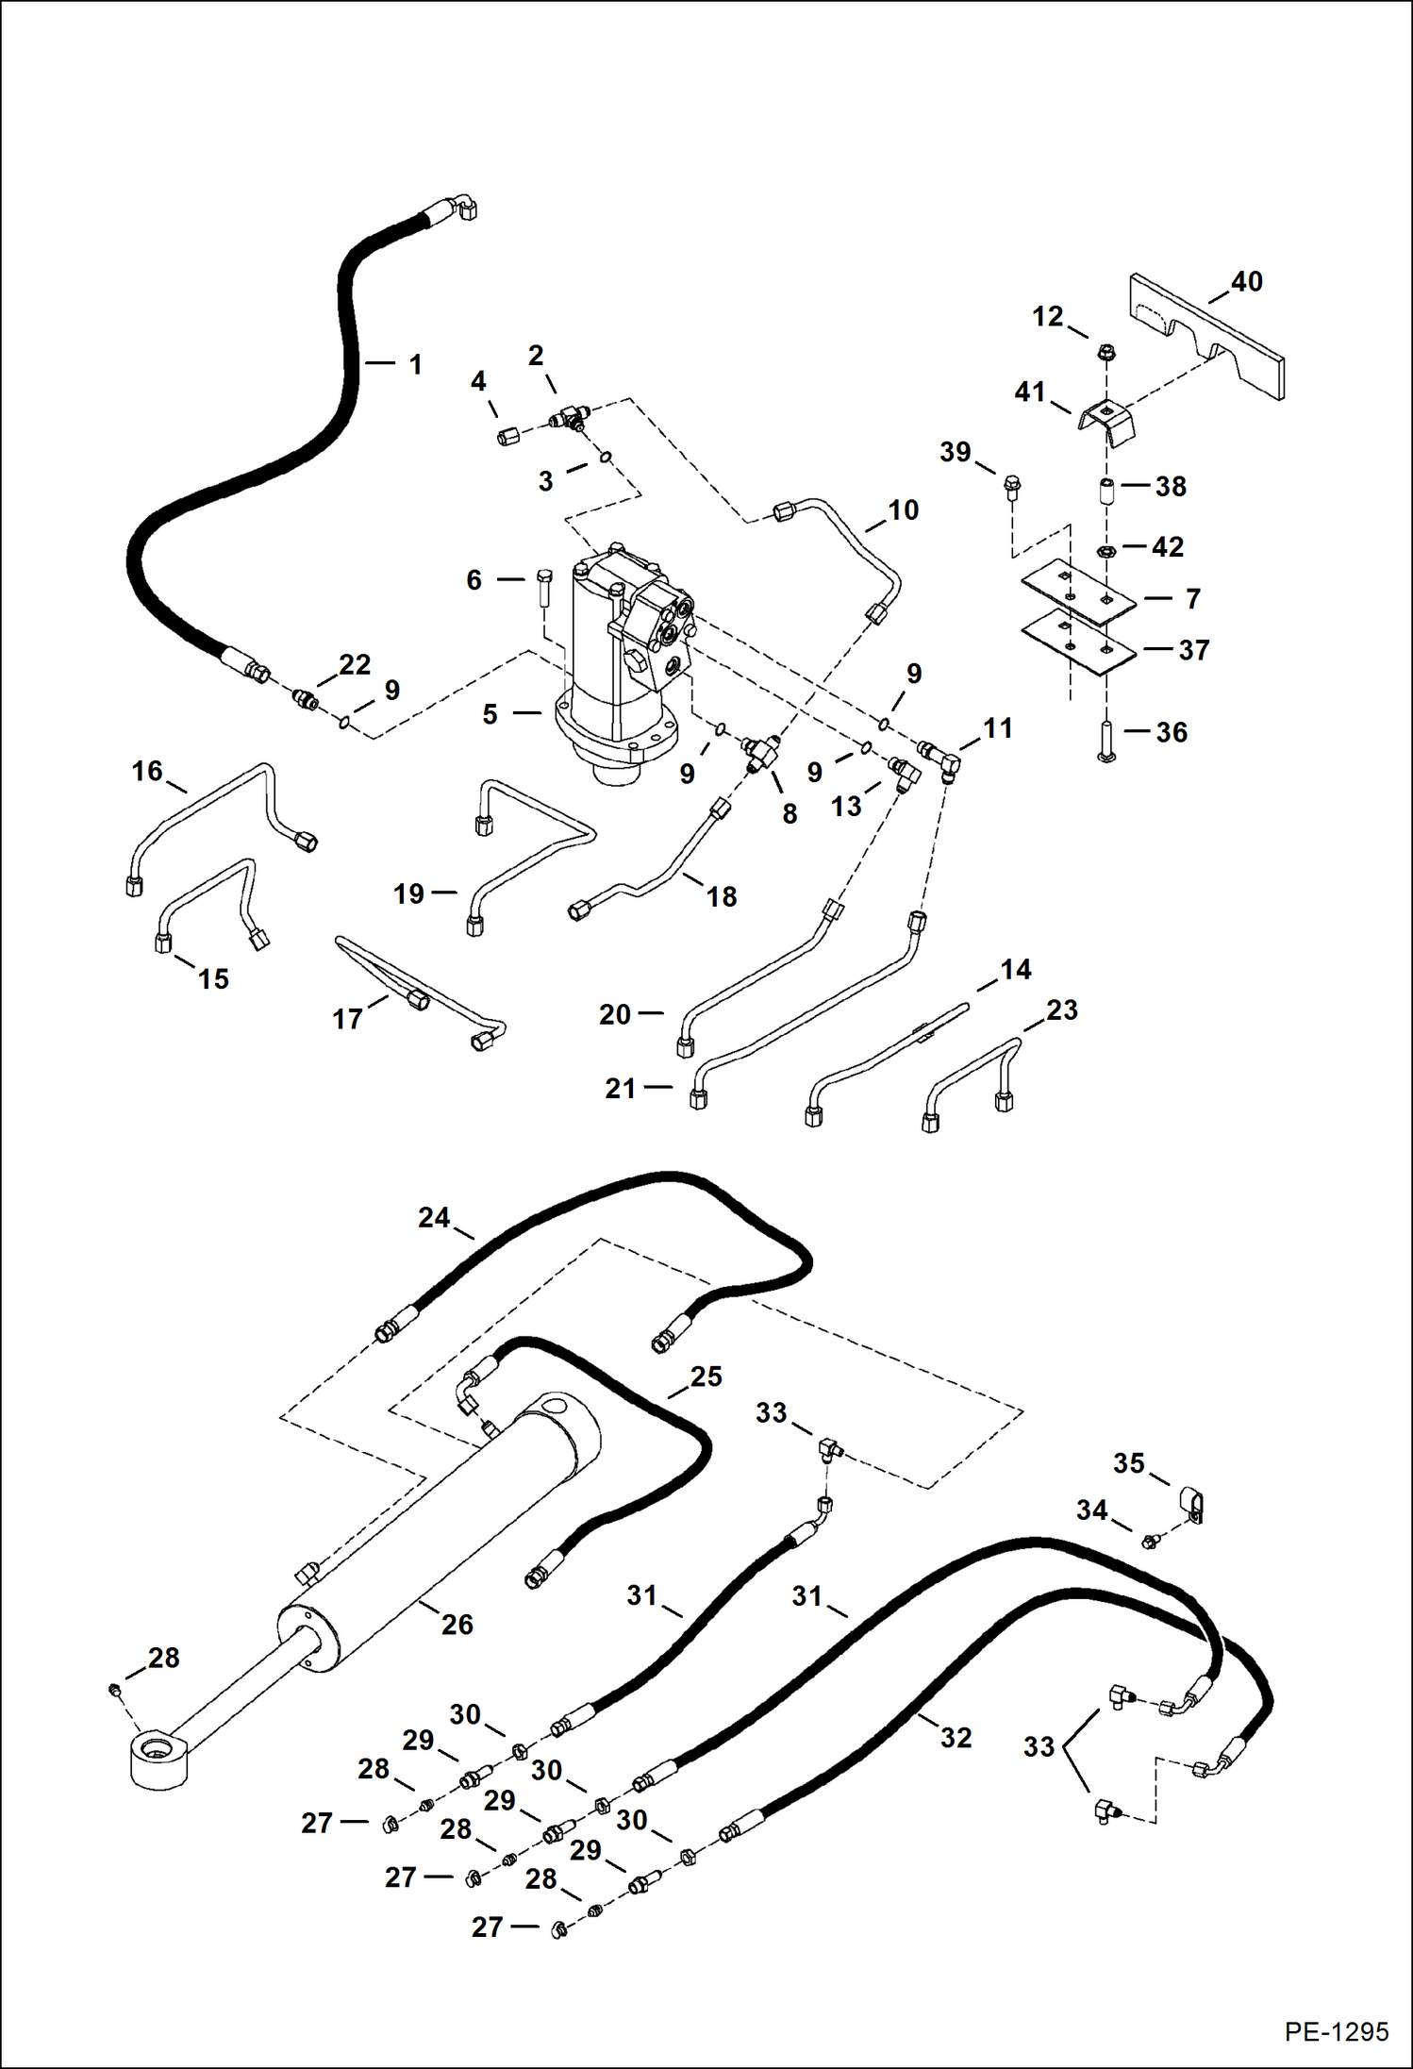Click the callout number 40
1246,282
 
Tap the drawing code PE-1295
1336,2031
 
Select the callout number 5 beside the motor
490,714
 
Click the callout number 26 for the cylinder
457,1624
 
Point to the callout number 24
433,1218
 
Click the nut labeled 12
1107,354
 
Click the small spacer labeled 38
1106,492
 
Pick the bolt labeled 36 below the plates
1106,739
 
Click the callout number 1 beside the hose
415,364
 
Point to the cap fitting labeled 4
508,436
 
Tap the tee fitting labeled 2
570,416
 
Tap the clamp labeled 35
1192,1503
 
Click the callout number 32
955,1737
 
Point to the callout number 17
347,1019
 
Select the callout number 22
354,664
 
